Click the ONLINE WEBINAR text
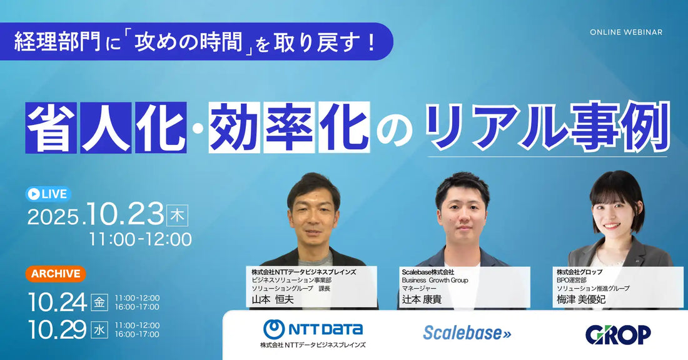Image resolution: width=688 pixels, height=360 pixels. click(x=626, y=32)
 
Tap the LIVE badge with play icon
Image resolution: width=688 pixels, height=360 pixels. click(x=48, y=194)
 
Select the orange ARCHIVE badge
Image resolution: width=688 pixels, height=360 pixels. click(x=56, y=274)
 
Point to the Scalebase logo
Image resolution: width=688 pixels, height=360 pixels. click(x=467, y=333)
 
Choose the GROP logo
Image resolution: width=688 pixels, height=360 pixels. click(x=618, y=335)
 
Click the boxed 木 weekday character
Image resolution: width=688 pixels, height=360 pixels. click(x=177, y=216)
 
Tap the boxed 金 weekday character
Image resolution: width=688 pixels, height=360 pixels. click(x=99, y=302)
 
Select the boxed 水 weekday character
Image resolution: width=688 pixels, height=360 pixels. click(x=99, y=329)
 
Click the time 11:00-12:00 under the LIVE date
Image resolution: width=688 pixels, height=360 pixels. click(x=140, y=239)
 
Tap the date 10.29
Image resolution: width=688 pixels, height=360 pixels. click(x=57, y=329)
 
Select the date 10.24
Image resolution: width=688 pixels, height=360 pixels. click(x=57, y=302)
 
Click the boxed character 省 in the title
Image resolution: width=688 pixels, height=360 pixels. click(x=51, y=127)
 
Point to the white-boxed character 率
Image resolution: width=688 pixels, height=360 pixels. click(x=289, y=127)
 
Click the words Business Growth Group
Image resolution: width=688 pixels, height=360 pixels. click(x=435, y=280)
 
